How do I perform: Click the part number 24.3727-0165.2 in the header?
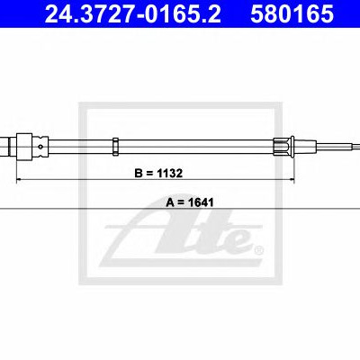tap(133, 13)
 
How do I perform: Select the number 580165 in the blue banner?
tap(292, 13)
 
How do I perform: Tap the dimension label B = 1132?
tap(158, 173)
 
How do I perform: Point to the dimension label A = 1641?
tap(190, 202)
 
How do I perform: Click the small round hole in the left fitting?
tap(41, 147)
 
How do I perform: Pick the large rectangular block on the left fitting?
tap(24, 147)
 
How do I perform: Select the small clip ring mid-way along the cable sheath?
tap(115, 147)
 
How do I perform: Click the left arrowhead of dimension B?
tap(19, 180)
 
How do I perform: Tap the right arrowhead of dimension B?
tap(292, 180)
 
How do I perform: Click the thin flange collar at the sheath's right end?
tap(292, 147)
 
